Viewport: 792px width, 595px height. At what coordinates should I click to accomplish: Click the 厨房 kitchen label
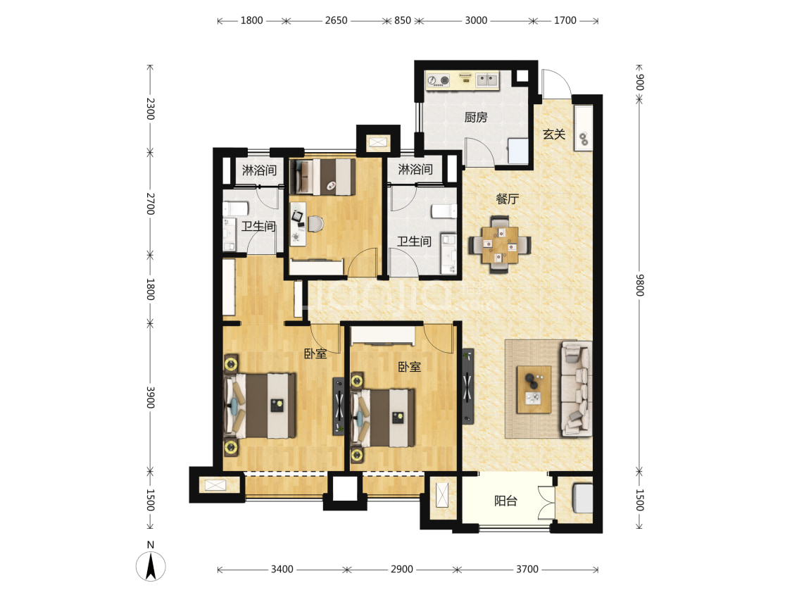476,117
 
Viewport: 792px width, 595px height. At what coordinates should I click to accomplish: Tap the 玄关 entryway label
554,134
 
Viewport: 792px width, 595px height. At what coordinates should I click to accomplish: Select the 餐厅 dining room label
507,199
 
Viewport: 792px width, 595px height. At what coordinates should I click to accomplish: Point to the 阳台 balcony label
505,501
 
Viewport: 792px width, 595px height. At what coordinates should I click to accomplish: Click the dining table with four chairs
500,244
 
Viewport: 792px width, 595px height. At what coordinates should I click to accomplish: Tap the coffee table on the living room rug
534,389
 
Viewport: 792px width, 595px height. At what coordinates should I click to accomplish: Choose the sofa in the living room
577,389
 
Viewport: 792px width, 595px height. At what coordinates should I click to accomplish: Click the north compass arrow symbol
151,566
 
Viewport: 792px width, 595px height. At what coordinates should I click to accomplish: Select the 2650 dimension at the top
336,20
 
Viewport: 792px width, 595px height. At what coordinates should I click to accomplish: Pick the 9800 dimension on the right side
639,285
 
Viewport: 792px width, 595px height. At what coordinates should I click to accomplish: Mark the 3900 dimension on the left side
150,398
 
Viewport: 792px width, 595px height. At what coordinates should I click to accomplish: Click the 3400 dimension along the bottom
282,569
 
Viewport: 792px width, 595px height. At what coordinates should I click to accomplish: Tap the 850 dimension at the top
403,20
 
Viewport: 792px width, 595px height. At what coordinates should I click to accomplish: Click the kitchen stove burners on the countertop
438,80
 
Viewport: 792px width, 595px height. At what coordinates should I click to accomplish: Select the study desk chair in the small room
315,223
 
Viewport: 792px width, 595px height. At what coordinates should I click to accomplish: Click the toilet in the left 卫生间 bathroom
235,208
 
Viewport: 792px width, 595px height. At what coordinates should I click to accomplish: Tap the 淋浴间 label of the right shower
415,169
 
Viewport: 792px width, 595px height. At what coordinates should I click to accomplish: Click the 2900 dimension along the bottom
401,569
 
